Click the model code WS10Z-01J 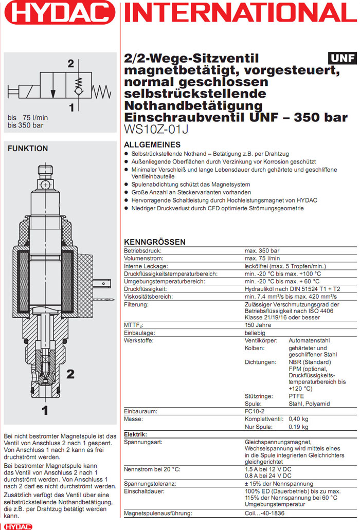click(x=156, y=130)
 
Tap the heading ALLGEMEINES click(x=152, y=144)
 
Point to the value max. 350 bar click(x=262, y=250)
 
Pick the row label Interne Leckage click(x=146, y=266)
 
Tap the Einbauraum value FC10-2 click(x=256, y=412)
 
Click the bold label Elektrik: click(x=136, y=434)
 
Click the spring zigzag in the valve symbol click(x=102, y=92)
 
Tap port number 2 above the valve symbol click(x=71, y=64)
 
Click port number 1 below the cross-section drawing click(x=45, y=410)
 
